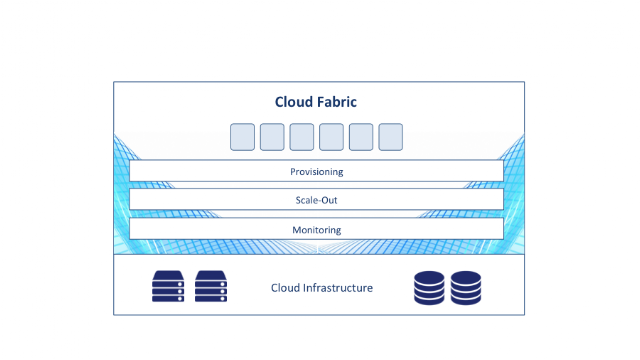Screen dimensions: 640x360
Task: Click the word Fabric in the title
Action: pos(337,102)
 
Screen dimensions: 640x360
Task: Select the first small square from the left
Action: pos(242,137)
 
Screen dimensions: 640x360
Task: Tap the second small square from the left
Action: pos(272,137)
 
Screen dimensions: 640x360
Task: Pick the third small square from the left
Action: pos(302,137)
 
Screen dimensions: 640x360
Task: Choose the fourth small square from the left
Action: pos(331,137)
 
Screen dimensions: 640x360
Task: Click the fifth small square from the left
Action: pos(361,137)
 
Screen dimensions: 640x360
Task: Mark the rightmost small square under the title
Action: pos(391,137)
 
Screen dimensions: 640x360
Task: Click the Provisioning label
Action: pos(317,172)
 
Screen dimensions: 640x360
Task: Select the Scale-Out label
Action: pos(316,200)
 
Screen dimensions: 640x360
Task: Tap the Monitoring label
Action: pos(317,230)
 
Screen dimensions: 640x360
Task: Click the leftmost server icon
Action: pos(168,286)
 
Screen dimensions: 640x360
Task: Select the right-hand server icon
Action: pos(211,286)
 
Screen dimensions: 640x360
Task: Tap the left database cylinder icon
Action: pos(429,288)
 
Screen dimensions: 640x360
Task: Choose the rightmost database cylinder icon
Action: pos(466,288)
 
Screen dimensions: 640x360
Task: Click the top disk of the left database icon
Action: pos(429,278)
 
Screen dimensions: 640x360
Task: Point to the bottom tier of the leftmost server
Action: pos(168,299)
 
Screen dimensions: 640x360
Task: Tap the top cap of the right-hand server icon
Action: pos(211,275)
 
